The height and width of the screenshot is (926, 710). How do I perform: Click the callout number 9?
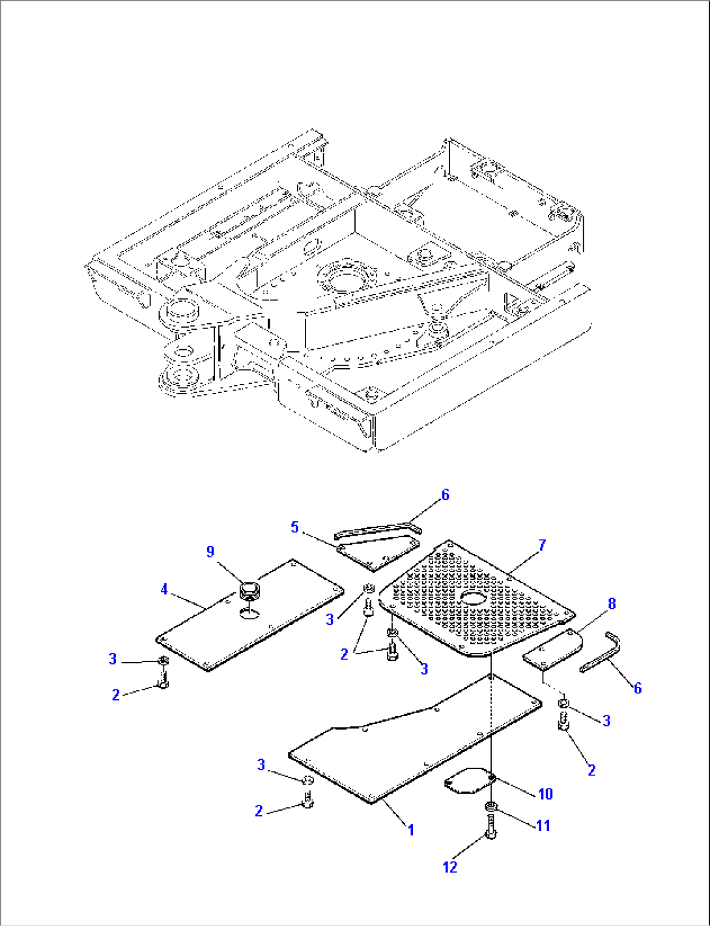[x=210, y=552]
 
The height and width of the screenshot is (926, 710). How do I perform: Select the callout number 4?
[x=164, y=590]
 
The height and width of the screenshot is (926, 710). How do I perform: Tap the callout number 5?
[x=294, y=527]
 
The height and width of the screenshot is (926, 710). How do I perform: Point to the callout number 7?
[x=542, y=545]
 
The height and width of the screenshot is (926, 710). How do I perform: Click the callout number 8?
[x=612, y=604]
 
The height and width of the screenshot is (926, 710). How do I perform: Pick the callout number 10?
[x=545, y=793]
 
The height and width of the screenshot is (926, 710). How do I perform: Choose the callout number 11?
[x=543, y=825]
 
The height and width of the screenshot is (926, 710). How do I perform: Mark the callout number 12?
[x=450, y=867]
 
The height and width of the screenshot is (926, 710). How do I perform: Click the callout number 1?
[x=411, y=830]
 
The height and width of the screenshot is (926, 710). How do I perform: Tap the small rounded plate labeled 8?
[x=552, y=649]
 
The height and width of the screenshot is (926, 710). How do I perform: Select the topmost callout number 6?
[x=446, y=495]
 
